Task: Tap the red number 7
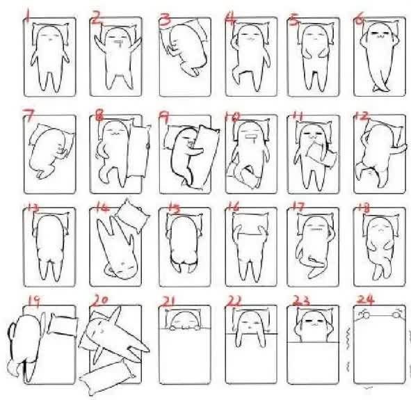(x=29, y=115)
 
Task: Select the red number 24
(x=365, y=299)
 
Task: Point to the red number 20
(x=99, y=300)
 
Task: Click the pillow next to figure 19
(x=63, y=324)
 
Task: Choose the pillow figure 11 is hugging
(x=321, y=154)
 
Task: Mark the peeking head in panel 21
(x=184, y=320)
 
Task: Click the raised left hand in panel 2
(x=99, y=42)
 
